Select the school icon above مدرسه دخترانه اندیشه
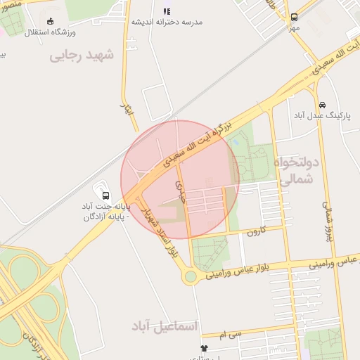pyautogui.click(x=167, y=11)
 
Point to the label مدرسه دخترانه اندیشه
pyautogui.click(x=167, y=22)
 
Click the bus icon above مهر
pyautogui.click(x=293, y=17)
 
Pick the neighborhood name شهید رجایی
pyautogui.click(x=82, y=56)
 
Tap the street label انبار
pyautogui.click(x=127, y=110)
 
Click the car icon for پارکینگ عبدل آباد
pyautogui.click(x=322, y=104)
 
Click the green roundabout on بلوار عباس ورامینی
pyautogui.click(x=190, y=276)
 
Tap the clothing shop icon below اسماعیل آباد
pyautogui.click(x=204, y=348)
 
